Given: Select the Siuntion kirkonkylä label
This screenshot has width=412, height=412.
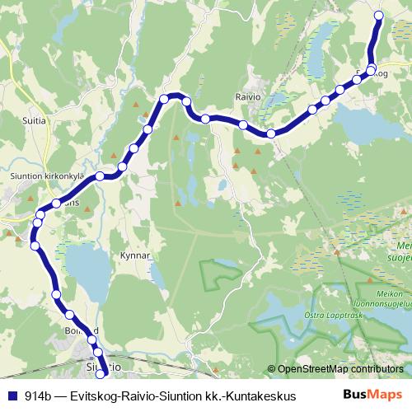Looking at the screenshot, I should [x=41, y=175].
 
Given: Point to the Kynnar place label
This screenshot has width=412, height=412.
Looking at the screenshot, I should [x=136, y=255].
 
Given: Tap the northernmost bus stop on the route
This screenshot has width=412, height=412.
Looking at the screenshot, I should [x=379, y=16].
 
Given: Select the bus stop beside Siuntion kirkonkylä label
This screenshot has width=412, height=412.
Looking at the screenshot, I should [x=100, y=176].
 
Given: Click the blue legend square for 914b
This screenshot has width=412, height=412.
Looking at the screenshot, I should [x=12, y=396].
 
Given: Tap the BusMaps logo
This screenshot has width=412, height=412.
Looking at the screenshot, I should [x=373, y=395].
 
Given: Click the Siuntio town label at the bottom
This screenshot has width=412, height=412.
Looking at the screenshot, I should [x=105, y=363].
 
